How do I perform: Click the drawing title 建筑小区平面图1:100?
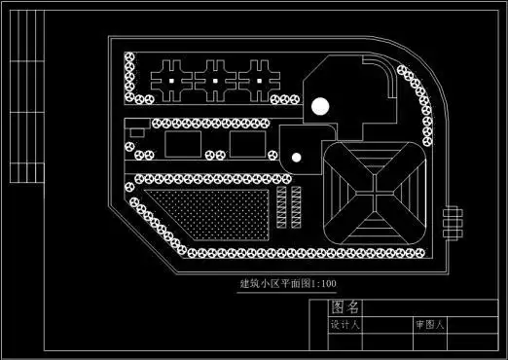coord(288,284)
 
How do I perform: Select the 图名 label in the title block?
coord(345,307)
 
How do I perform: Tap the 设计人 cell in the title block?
coord(345,325)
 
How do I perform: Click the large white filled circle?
coord(322,106)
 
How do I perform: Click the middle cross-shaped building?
coord(215,77)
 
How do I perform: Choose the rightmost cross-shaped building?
coord(259,77)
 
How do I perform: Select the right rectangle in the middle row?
coord(248,145)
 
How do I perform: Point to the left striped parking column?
coord(282,206)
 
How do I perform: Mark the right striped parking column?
coord(298,206)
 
